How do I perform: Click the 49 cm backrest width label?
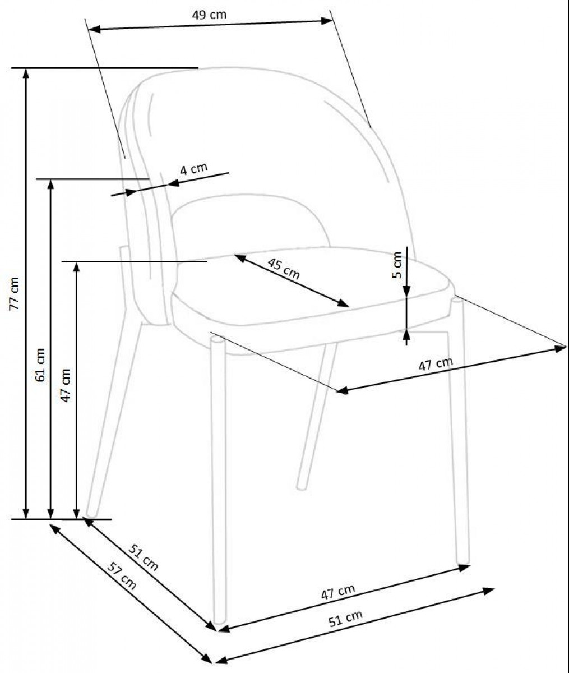tap(209, 15)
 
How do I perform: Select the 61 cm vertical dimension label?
tap(40, 365)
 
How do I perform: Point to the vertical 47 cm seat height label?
tap(66, 385)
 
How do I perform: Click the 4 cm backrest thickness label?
tap(193, 169)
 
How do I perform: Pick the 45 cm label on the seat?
tap(284, 269)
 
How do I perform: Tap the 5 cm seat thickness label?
tap(397, 265)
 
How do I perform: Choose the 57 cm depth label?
tap(122, 576)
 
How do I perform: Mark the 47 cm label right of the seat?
tap(436, 364)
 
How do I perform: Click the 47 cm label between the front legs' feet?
tap(338, 592)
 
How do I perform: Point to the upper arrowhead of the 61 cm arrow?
tap(50, 185)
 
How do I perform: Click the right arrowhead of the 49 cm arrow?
tap(326, 21)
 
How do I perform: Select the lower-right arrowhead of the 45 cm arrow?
tap(344, 303)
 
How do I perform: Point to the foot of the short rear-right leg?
tap(302, 487)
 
